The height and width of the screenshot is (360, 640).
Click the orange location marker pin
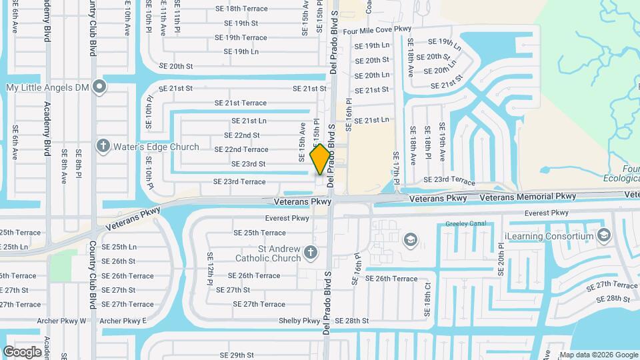click(320, 159)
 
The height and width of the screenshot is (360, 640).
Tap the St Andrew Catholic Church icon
click(310, 252)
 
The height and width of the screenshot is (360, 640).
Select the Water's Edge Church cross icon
click(103, 145)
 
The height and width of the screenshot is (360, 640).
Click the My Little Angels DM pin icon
click(100, 86)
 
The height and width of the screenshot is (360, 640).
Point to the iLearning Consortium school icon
click(604, 235)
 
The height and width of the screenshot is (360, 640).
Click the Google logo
click(22, 351)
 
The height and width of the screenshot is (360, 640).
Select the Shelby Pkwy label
click(303, 321)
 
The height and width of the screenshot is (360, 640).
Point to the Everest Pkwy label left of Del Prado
click(287, 218)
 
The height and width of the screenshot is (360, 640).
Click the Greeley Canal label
click(468, 224)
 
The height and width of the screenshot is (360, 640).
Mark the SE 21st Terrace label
click(240, 103)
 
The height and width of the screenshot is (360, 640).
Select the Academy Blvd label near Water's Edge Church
click(47, 127)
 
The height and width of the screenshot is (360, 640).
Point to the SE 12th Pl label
click(209, 269)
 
